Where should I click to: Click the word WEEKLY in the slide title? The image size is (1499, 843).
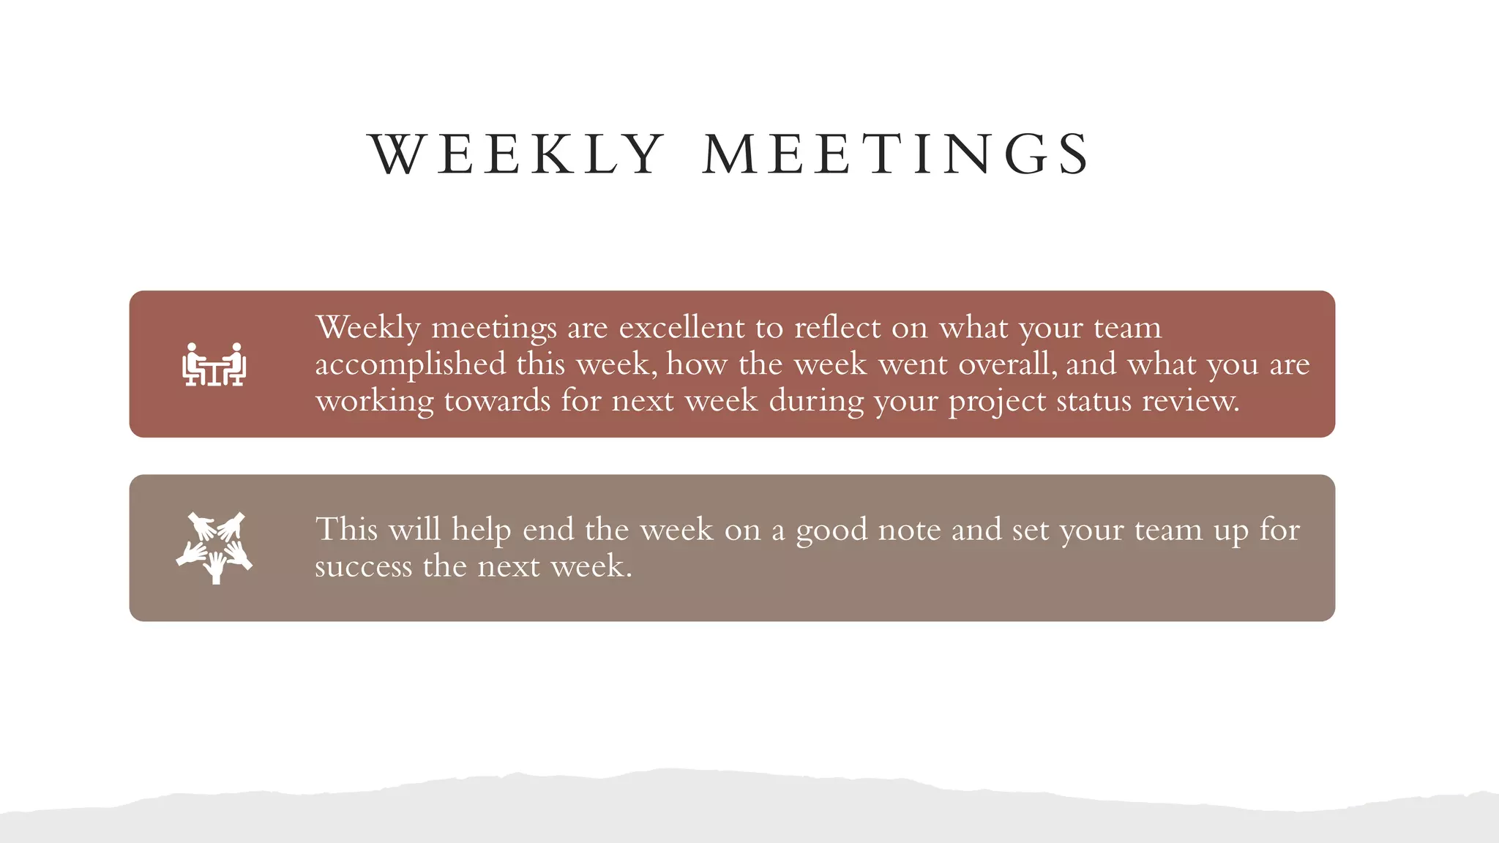pyautogui.click(x=517, y=154)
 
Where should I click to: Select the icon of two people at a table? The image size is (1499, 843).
pyautogui.click(x=214, y=364)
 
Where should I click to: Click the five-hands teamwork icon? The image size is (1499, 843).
pyautogui.click(x=214, y=547)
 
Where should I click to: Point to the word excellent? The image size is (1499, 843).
pyautogui.click(x=681, y=328)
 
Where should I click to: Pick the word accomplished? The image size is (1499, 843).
pyautogui.click(x=410, y=364)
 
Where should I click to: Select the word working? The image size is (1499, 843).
pyautogui.click(x=374, y=402)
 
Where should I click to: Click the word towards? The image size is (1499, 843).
pyautogui.click(x=497, y=401)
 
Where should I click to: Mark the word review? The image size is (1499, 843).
pyautogui.click(x=1190, y=401)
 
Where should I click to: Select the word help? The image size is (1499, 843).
pyautogui.click(x=481, y=530)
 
